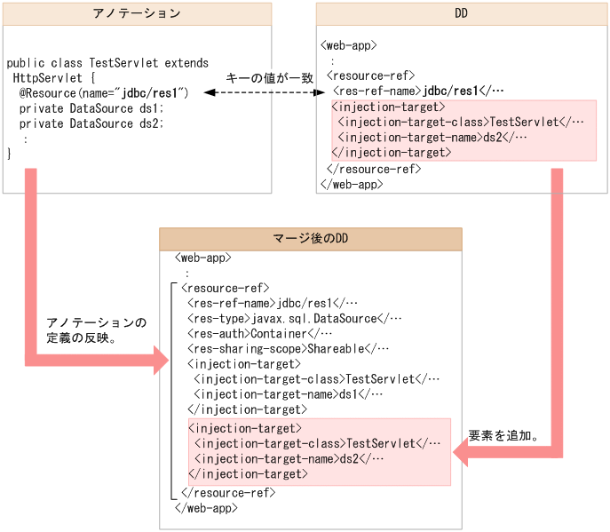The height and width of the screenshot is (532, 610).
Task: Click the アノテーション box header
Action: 137,13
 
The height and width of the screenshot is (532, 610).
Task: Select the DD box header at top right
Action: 461,13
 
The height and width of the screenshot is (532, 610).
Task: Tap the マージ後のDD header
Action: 310,239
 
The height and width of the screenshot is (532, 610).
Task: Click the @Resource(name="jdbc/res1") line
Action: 105,92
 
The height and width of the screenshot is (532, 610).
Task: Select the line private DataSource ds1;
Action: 91,107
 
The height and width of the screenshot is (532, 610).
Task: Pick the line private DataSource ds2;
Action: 91,123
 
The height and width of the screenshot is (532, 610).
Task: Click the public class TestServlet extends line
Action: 107,63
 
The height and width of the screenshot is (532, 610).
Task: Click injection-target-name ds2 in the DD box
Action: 432,137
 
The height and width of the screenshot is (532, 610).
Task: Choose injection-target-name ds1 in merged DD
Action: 288,394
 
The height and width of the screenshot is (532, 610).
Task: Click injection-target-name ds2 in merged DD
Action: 288,458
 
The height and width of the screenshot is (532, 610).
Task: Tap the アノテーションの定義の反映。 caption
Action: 96,330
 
